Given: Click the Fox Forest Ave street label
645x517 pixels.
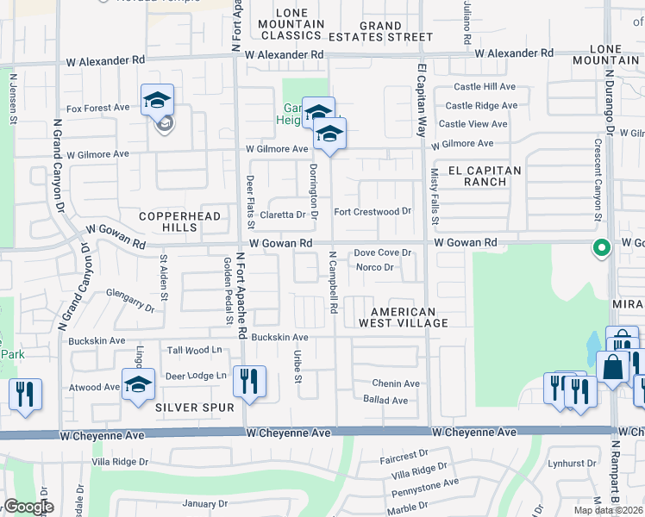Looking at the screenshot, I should pos(98,108).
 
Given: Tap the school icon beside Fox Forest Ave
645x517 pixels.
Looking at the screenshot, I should pos(157,101).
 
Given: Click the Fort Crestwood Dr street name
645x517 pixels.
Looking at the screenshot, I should pos(373,211).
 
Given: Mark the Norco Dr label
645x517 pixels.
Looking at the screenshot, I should pos(376,267).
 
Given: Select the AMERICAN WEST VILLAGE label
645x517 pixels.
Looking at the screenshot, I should pos(410,317).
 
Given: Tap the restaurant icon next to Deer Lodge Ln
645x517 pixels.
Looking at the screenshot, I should pos(249,383).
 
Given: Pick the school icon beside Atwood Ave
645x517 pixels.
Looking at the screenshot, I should pos(137,385).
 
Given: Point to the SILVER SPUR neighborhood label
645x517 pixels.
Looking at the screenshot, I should pos(183,407).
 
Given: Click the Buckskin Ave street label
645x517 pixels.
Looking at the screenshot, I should pos(279,337).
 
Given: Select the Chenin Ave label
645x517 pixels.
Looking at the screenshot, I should pos(396,383).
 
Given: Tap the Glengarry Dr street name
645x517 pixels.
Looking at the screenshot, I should pos(130,300).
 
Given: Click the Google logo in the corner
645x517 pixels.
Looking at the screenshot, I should pos(28,507).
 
